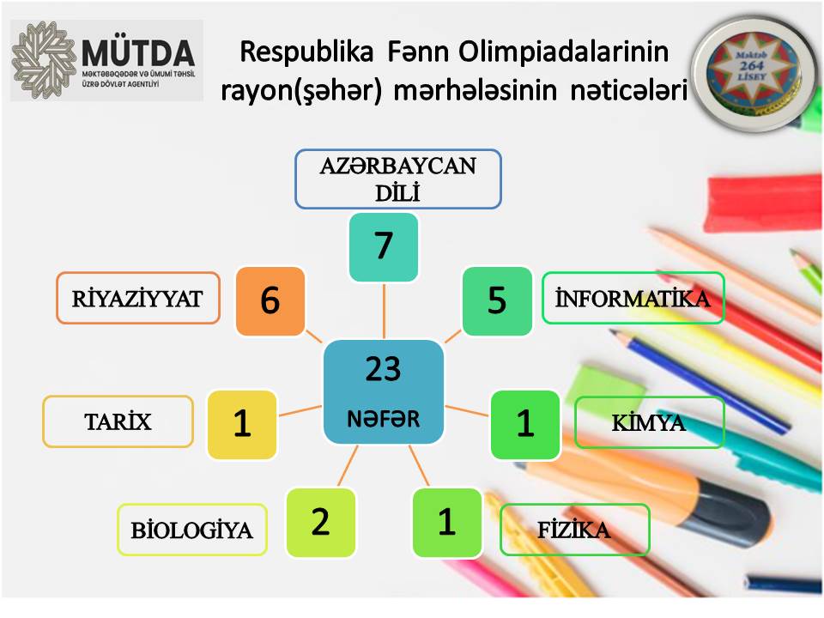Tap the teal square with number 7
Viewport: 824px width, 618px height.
pyautogui.click(x=384, y=247)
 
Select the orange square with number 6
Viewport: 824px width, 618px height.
pyautogui.click(x=270, y=301)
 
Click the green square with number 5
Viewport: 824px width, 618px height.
pyautogui.click(x=497, y=301)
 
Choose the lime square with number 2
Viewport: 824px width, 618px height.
pyautogui.click(x=320, y=523)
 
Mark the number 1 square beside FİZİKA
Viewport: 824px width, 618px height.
pyautogui.click(x=446, y=523)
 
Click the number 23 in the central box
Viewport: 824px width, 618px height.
pyautogui.click(x=383, y=368)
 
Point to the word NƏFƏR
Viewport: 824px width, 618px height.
pyautogui.click(x=384, y=419)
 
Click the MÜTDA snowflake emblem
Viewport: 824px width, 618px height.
pyautogui.click(x=44, y=60)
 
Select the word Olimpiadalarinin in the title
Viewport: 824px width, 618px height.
pyautogui.click(x=563, y=51)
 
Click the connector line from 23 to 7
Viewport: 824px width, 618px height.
pyautogui.click(x=385, y=311)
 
